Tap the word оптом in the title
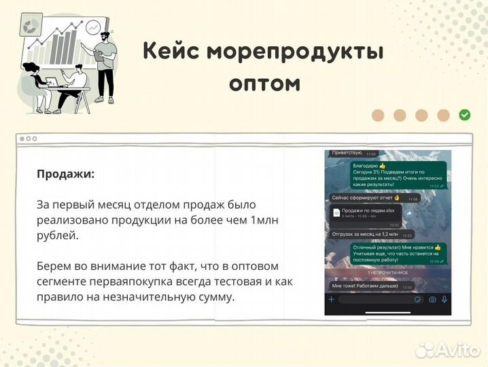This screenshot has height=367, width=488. tap(264, 83)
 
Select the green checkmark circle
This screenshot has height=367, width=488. tap(465, 115)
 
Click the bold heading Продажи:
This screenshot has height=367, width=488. tap(66, 173)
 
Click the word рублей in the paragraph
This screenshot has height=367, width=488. tap(57, 235)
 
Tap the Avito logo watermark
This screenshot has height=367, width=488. tap(448, 349)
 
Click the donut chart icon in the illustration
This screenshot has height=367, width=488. tap(31, 27)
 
